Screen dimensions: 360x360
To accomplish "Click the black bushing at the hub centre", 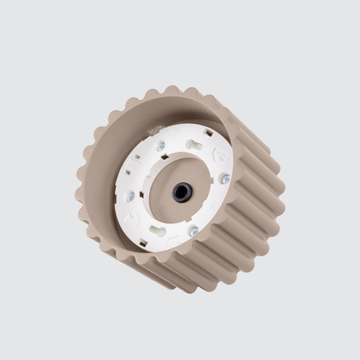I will [182, 192].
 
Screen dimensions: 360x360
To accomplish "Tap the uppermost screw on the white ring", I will [162, 146].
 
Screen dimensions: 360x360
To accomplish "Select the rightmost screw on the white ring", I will [225, 178].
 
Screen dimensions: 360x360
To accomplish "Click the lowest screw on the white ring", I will [194, 230].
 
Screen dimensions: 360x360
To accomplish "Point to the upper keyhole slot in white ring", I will [195, 145].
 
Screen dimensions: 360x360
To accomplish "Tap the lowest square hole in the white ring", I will [178, 243].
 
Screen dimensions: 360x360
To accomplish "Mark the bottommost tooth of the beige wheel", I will [188, 286].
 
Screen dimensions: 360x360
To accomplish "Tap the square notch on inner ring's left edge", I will [124, 178].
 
